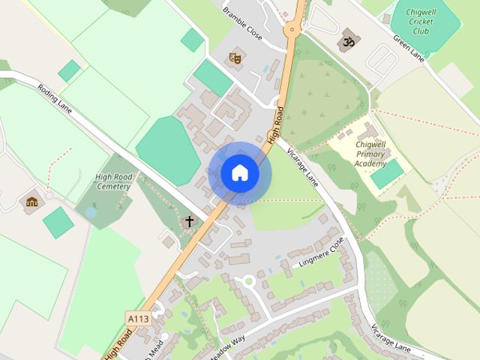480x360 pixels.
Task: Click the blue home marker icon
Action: pos(240,173)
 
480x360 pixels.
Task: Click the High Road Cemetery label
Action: pos(114,181)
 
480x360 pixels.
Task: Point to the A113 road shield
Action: pos(138,319)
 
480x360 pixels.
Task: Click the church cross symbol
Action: pos(190,222)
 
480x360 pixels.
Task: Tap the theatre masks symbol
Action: pos(235,57)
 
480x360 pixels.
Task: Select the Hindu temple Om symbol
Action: pos(347,42)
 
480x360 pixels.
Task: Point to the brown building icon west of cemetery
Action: pos(32,202)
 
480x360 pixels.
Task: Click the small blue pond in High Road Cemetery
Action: pos(91,213)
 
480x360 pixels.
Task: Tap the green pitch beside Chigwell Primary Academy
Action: pos(387,174)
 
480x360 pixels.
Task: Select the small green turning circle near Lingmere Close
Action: pos(247,281)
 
